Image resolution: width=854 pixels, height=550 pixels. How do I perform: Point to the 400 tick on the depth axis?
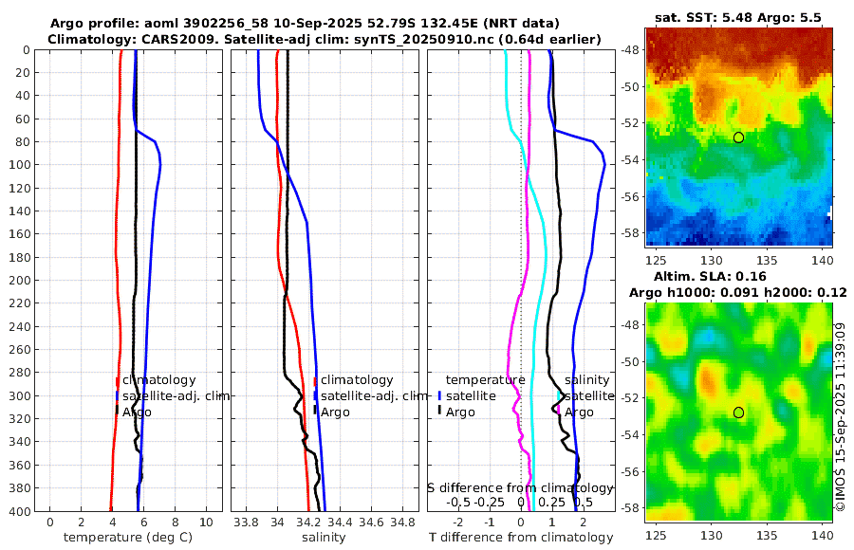click(18, 510)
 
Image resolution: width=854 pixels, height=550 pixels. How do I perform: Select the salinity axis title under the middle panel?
click(324, 538)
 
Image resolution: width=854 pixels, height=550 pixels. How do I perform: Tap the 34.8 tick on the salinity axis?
click(403, 521)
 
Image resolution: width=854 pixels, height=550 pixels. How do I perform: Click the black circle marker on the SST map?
click(739, 137)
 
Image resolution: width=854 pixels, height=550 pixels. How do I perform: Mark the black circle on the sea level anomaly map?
click(739, 412)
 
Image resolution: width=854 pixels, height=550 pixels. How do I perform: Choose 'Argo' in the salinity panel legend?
click(335, 412)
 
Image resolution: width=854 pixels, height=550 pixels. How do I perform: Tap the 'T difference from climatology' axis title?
click(521, 538)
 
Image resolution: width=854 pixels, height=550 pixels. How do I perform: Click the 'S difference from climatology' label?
click(520, 487)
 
